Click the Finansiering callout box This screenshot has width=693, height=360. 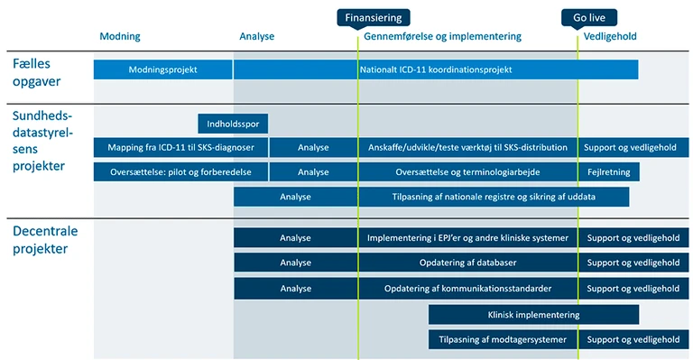click(373, 17)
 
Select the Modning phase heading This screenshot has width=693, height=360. click(119, 37)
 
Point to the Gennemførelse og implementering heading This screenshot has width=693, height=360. click(442, 37)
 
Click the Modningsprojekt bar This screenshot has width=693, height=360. click(163, 69)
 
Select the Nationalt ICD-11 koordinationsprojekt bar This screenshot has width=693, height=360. click(435, 69)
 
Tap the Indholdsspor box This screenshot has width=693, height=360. click(233, 124)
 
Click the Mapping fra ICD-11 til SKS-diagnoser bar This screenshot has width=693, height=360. click(180, 147)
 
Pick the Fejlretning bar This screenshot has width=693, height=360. click(609, 171)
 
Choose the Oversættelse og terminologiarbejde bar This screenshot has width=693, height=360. click(467, 171)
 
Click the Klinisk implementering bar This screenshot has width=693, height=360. click(533, 315)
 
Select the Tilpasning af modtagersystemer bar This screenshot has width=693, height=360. click(503, 339)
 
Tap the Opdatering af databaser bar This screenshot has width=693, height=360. click(467, 263)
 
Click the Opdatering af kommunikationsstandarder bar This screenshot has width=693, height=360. click(467, 289)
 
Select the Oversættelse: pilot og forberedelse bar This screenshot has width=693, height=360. click(180, 171)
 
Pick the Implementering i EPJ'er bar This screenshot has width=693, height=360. click(467, 238)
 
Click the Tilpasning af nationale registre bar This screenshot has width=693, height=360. click(494, 197)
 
